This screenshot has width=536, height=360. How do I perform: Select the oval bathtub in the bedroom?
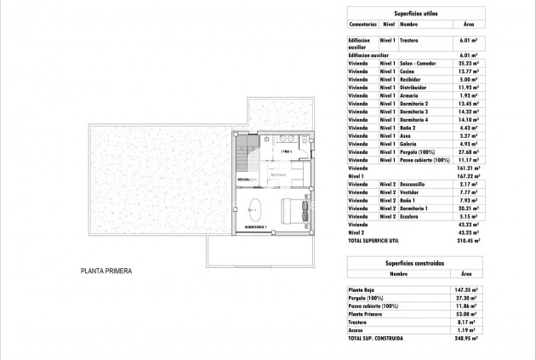tap(255, 208)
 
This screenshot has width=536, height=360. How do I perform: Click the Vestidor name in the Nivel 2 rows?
tap(413, 192)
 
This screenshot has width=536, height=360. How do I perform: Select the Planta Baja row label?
tap(363, 290)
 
